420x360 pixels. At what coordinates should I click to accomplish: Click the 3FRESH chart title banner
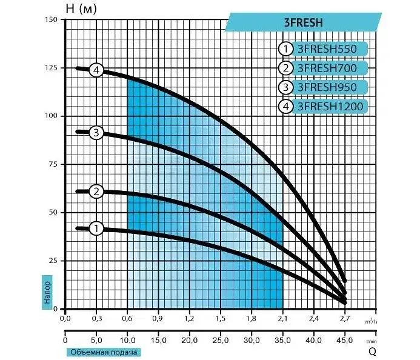(x=303, y=22)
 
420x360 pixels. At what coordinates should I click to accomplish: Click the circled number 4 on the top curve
(x=96, y=70)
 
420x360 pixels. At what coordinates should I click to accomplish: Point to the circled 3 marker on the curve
(x=96, y=133)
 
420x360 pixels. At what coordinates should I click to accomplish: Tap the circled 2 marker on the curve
(x=96, y=192)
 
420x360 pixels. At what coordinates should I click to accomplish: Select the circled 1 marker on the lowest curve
(x=96, y=228)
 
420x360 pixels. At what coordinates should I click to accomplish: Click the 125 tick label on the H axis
(x=51, y=68)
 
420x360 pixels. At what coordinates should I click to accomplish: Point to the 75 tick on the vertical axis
(x=53, y=164)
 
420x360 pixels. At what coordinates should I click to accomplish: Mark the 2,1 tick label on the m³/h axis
(x=282, y=318)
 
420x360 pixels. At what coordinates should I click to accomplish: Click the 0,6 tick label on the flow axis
(x=127, y=318)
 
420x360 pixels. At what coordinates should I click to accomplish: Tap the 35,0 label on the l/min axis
(x=282, y=341)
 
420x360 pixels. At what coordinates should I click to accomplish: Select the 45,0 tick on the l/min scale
(x=345, y=341)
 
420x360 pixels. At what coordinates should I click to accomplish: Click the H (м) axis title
(x=81, y=9)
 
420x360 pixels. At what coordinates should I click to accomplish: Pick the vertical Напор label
(x=47, y=292)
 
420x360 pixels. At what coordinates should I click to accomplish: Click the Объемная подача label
(x=104, y=352)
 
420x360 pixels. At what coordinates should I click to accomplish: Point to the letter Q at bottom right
(x=372, y=352)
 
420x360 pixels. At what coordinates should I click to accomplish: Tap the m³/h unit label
(x=371, y=321)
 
